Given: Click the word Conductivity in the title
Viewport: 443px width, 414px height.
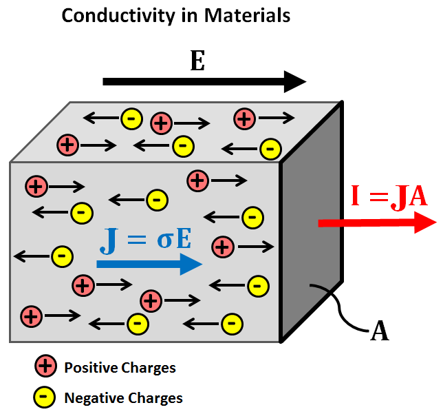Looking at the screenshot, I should pyautogui.click(x=110, y=15).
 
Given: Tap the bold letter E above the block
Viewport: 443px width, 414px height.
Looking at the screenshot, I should pyautogui.click(x=197, y=61).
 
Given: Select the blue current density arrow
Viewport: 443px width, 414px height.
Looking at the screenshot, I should pyautogui.click(x=149, y=264).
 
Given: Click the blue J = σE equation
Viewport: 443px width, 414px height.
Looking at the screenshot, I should pyautogui.click(x=144, y=238).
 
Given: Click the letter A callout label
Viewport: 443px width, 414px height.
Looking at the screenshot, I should pyautogui.click(x=380, y=331).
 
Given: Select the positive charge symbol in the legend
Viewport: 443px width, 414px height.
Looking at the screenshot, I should pyautogui.click(x=45, y=367).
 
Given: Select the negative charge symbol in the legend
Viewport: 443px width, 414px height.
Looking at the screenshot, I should pyautogui.click(x=45, y=397).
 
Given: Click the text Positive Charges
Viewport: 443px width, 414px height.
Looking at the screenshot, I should pyautogui.click(x=120, y=368).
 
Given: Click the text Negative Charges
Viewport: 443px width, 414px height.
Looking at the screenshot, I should pyautogui.click(x=123, y=397).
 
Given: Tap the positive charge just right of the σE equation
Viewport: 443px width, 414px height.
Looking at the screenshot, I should pyautogui.click(x=221, y=245).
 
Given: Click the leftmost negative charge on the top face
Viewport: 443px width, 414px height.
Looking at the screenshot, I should pyautogui.click(x=131, y=118).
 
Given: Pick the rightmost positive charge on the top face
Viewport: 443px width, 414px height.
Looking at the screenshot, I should pyautogui.click(x=243, y=118).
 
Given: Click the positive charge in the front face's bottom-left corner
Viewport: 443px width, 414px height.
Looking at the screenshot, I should pyautogui.click(x=30, y=316).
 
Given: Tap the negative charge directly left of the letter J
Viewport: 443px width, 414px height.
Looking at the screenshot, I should pyautogui.click(x=62, y=256).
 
